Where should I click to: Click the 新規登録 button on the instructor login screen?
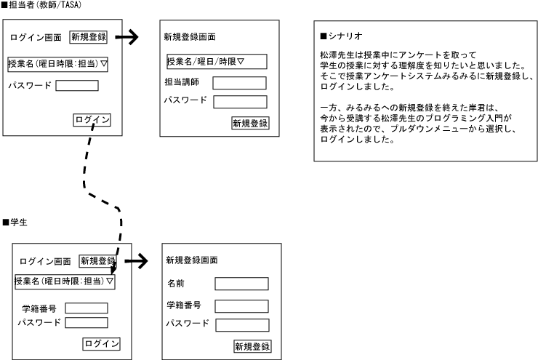(88, 37)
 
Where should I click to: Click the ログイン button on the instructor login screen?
(92, 120)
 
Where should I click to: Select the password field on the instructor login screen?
(76, 86)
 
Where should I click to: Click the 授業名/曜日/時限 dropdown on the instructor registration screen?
(217, 61)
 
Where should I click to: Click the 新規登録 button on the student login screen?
(97, 261)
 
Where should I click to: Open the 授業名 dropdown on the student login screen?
(65, 281)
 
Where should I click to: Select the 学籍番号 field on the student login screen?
(87, 308)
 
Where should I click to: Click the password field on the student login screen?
(87, 322)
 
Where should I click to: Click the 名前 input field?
(241, 284)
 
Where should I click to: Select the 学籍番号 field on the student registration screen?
(241, 306)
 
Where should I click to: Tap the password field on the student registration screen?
(241, 324)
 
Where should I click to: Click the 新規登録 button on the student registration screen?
(252, 347)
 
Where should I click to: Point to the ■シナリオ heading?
(341, 36)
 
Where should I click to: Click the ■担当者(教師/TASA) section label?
(41, 5)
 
